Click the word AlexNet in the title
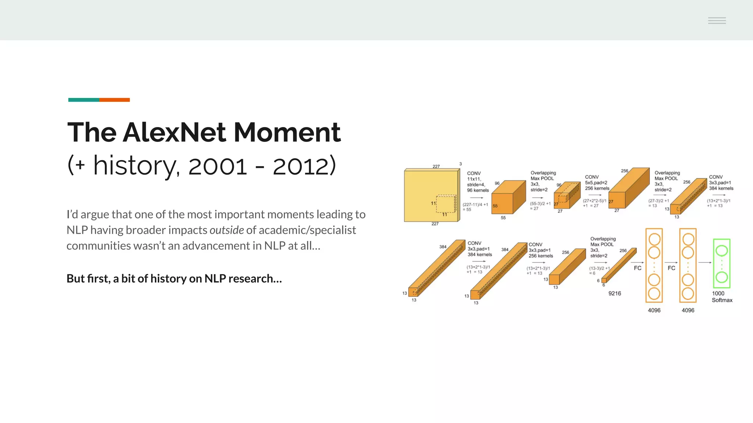174,132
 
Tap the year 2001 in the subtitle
217,166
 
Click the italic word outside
226,230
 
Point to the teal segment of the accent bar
83,100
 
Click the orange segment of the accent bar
114,100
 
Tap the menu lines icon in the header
717,21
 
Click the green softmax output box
721,263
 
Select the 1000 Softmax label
721,297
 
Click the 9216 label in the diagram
614,293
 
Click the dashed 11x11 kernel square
446,204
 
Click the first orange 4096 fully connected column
654,265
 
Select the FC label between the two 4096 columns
671,268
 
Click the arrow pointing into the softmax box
704,263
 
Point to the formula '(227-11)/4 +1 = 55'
475,207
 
